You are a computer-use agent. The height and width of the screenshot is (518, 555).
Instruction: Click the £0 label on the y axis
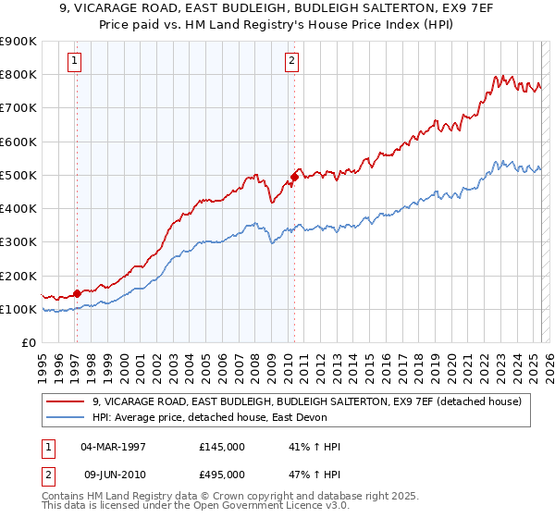[x=29, y=342]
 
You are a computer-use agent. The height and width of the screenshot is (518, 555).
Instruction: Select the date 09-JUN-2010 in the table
[x=114, y=475]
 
